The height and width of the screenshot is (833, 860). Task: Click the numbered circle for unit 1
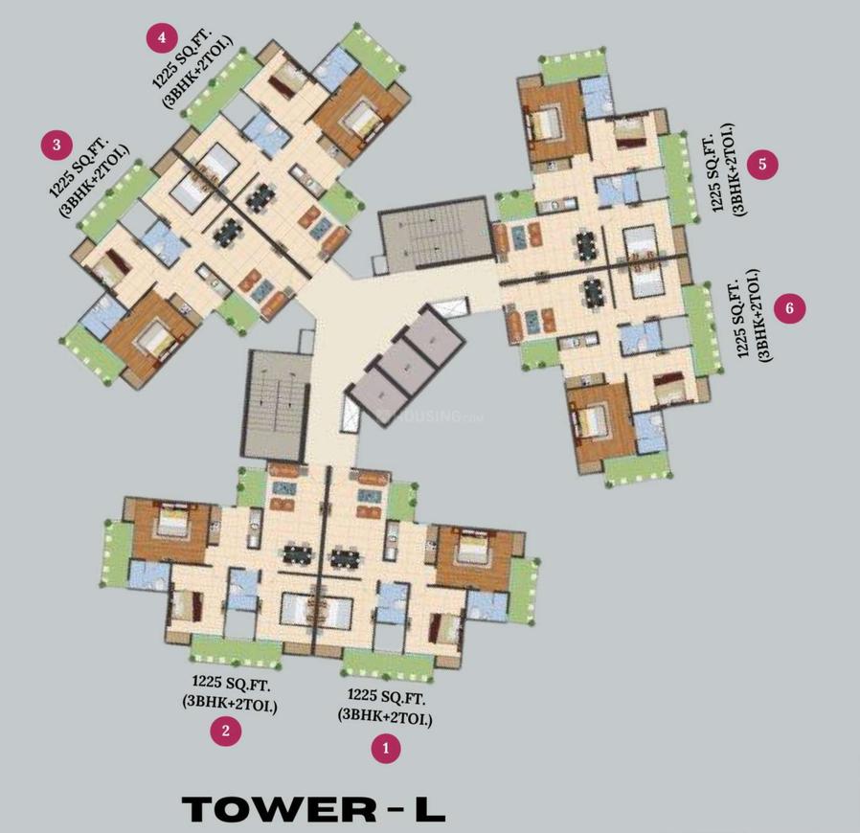pyautogui.click(x=385, y=748)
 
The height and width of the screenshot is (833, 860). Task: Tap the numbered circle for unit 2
pyautogui.click(x=226, y=732)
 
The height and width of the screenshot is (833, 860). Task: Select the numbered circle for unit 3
pyautogui.click(x=57, y=146)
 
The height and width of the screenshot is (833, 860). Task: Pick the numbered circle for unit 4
pyautogui.click(x=161, y=38)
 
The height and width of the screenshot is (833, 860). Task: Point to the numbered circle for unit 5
pyautogui.click(x=762, y=164)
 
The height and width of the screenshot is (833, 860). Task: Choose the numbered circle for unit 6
pyautogui.click(x=790, y=308)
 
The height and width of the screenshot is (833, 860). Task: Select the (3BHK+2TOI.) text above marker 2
pyautogui.click(x=231, y=704)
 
